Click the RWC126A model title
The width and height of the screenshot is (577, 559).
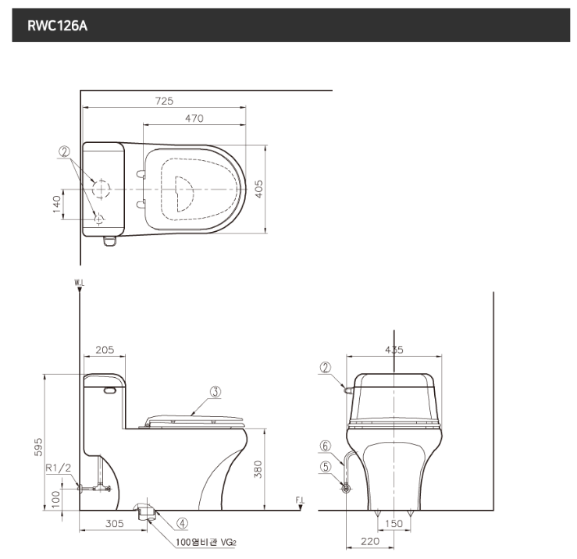point(58,26)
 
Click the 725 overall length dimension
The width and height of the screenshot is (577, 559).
point(164,101)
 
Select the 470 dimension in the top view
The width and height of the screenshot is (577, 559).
point(194,119)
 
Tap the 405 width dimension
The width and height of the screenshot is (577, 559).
point(259,189)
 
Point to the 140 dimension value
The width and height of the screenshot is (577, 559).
point(56,204)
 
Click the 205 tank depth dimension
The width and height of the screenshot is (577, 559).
point(105,350)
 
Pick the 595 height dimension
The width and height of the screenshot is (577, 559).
point(38,447)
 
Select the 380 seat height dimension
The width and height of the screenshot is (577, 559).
point(258,469)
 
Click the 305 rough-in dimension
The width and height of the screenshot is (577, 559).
point(115,523)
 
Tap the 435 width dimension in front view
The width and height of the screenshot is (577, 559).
point(394,350)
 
